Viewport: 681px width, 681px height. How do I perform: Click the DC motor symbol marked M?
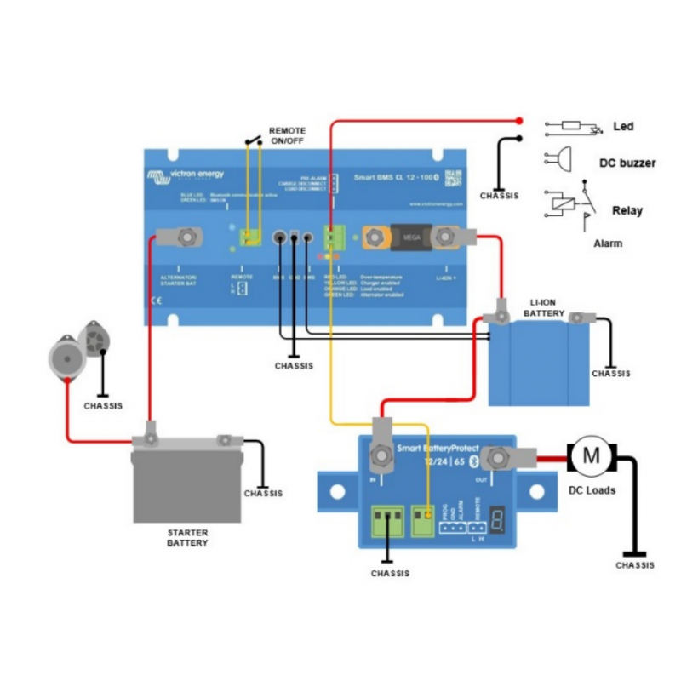click(x=588, y=456)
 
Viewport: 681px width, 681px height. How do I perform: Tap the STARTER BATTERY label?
click(x=186, y=536)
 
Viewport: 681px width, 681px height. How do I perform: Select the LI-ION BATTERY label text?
click(x=544, y=308)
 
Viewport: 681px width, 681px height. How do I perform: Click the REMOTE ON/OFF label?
click(x=287, y=136)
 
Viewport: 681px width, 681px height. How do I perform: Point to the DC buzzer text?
click(x=627, y=163)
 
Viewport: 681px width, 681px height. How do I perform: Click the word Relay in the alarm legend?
click(x=627, y=210)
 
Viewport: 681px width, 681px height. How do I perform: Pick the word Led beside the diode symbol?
click(x=623, y=127)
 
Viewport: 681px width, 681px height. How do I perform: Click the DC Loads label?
click(x=592, y=490)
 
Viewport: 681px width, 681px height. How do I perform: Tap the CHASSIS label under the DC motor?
click(x=635, y=565)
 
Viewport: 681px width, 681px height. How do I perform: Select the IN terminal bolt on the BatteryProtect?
click(x=380, y=456)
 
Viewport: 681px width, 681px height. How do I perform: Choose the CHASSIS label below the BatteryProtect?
click(x=390, y=574)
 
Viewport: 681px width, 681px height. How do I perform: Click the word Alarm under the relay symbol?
click(x=608, y=243)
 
